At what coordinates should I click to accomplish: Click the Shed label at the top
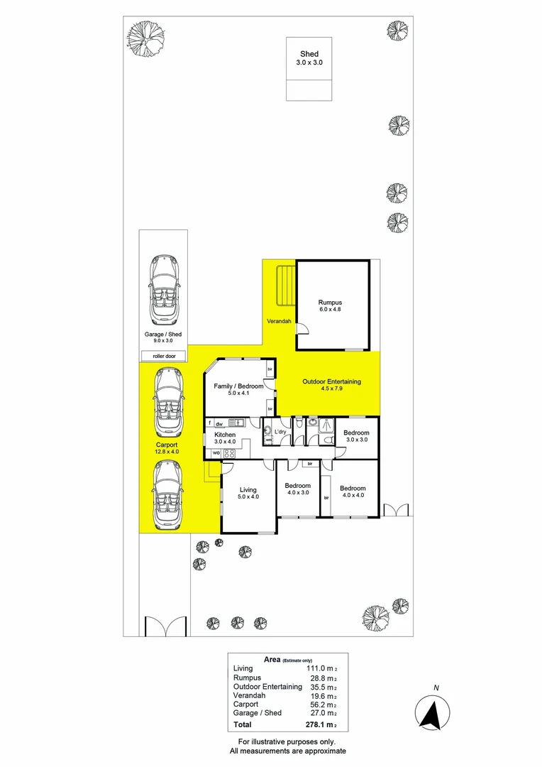(x=309, y=54)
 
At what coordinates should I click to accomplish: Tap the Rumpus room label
(x=332, y=303)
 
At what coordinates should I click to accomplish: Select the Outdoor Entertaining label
(x=331, y=381)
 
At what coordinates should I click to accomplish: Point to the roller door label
(x=163, y=355)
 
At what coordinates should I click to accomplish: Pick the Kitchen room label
(x=225, y=435)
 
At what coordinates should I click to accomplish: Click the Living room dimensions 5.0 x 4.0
(x=248, y=497)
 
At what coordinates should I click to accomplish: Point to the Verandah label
(x=279, y=322)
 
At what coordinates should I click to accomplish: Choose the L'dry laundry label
(x=280, y=431)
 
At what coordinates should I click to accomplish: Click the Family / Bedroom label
(x=238, y=385)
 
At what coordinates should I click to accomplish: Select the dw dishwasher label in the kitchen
(x=219, y=424)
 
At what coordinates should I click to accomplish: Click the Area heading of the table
(x=271, y=659)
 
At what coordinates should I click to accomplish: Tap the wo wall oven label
(x=216, y=452)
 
